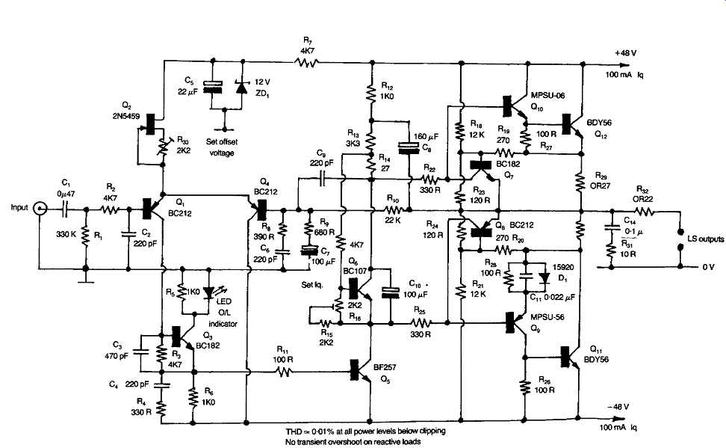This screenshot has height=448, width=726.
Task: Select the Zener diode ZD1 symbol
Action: coord(241,88)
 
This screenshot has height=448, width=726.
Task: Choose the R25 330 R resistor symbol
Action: coord(422,323)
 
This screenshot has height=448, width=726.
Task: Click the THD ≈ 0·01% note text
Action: coord(363,432)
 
